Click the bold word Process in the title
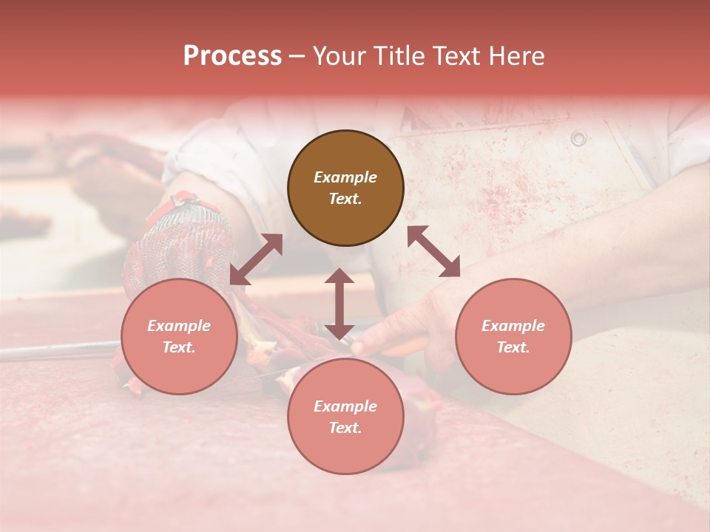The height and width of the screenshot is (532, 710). coord(232,56)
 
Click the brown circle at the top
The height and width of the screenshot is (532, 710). coord(345,188)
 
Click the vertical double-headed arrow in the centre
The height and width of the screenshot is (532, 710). coord(339,304)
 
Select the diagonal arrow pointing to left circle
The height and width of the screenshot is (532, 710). coord(256,259)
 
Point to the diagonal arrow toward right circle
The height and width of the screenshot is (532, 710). coord(433,251)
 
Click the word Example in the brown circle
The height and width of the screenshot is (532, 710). coord(345,177)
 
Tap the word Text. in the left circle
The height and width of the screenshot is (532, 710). coord(179,347)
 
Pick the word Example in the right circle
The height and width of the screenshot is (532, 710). coord(513,326)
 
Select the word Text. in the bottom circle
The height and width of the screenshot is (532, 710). coord(345,428)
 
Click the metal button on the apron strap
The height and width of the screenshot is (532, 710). coord(578,137)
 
